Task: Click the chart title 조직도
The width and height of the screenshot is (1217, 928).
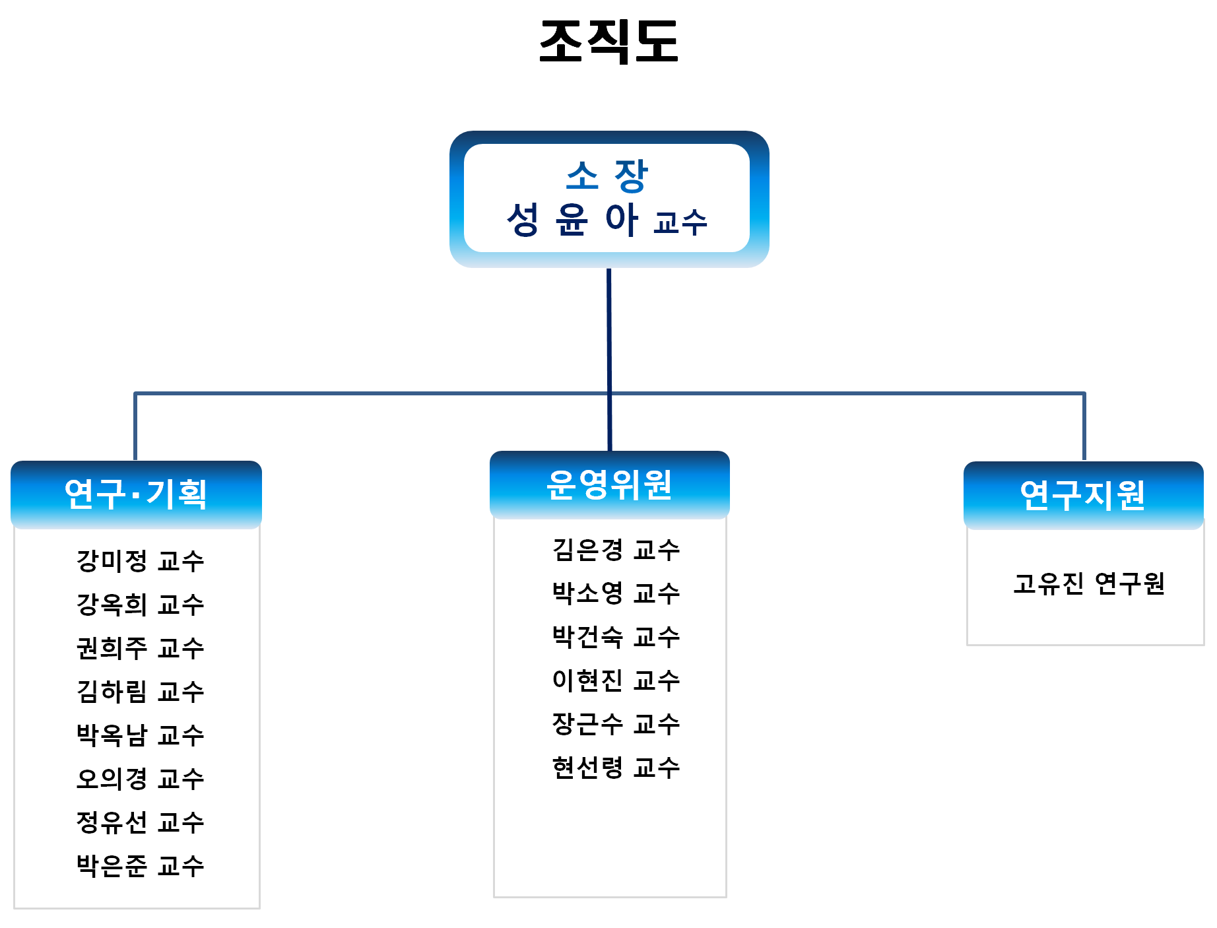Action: pos(608,41)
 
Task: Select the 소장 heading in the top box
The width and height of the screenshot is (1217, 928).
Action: pos(607,176)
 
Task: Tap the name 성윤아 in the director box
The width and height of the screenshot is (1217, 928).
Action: pos(572,219)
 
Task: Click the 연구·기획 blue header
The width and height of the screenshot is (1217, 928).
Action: pos(136,494)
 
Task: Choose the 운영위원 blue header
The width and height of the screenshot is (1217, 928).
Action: pos(610,485)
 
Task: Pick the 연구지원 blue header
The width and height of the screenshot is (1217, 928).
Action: pos(1083,495)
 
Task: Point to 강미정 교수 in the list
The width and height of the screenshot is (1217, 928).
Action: pos(141,561)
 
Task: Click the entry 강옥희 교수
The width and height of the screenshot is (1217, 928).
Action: pos(141,605)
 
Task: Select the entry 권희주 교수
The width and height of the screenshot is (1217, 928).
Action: pos(141,648)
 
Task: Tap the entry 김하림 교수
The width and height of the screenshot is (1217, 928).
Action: pos(141,692)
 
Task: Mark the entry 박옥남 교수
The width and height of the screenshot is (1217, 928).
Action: pos(141,735)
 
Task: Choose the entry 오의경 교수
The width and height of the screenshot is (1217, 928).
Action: pos(141,779)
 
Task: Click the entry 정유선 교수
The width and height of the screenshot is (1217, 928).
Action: pos(141,822)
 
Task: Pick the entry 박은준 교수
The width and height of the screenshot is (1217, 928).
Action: pos(141,866)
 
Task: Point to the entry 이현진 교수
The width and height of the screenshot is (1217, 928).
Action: pos(616,680)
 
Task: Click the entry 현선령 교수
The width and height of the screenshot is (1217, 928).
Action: pos(616,768)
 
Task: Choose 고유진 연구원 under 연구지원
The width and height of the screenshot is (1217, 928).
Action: pos(1089,583)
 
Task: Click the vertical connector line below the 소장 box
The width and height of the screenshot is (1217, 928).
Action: pos(609,360)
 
